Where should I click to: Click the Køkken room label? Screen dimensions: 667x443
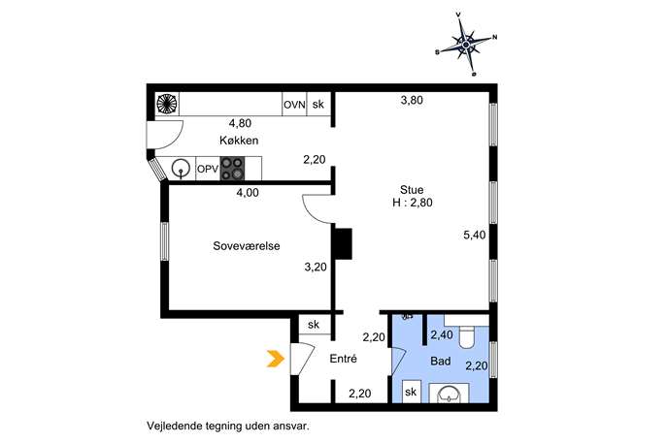click(239, 141)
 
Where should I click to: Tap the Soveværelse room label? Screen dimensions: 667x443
click(247, 246)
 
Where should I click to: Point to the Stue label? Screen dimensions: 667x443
click(412, 190)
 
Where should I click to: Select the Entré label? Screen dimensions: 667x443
click(344, 359)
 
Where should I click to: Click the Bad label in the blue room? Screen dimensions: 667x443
click(441, 362)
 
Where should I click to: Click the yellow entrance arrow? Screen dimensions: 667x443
click(275, 359)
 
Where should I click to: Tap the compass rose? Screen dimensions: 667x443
click(466, 45)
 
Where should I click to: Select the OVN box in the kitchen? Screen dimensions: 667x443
click(294, 105)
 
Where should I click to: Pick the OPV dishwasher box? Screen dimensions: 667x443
click(208, 169)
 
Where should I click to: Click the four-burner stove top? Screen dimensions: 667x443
click(232, 169)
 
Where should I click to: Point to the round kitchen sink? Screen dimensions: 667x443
click(182, 169)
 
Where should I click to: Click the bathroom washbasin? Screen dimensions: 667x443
click(449, 394)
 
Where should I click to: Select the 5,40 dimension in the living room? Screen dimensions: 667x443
click(475, 235)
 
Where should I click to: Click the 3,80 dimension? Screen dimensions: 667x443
click(412, 100)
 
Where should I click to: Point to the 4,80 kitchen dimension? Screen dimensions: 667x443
click(240, 123)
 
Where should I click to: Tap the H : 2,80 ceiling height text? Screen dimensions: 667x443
click(413, 203)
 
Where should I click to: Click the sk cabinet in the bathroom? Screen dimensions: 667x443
click(411, 392)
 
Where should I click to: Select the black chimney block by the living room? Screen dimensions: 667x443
click(344, 244)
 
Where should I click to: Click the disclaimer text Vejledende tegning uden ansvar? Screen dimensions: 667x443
click(228, 426)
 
